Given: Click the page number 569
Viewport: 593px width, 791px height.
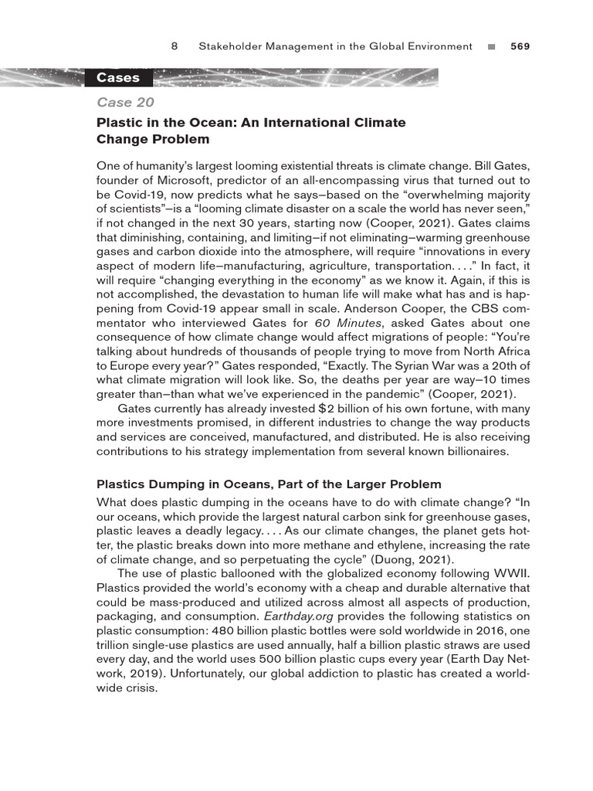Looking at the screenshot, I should (520, 46).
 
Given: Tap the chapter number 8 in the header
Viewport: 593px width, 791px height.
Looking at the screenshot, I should (175, 46).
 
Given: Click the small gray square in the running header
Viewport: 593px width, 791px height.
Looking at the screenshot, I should (491, 47).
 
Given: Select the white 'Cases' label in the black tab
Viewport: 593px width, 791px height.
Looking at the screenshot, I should (118, 77).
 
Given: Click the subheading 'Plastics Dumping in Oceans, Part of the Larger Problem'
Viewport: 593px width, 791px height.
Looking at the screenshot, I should (269, 484).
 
